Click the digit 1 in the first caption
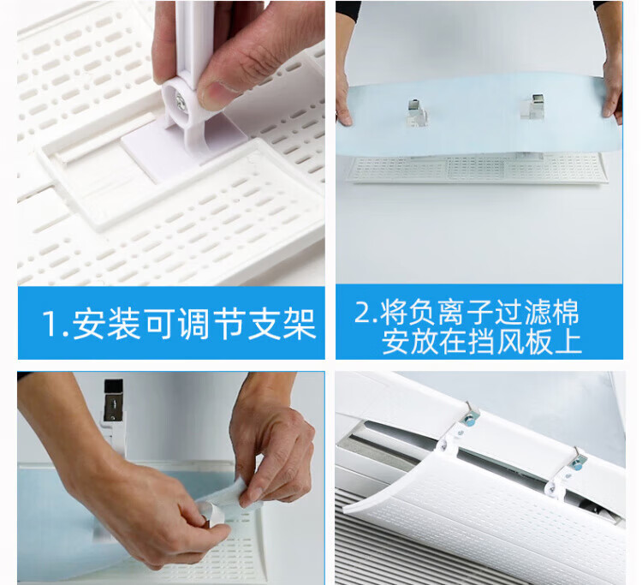[51, 324]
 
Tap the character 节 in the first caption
[229, 324]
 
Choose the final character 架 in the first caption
[300, 324]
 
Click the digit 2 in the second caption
[363, 313]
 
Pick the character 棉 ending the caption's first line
[566, 313]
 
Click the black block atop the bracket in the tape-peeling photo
[113, 386]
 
